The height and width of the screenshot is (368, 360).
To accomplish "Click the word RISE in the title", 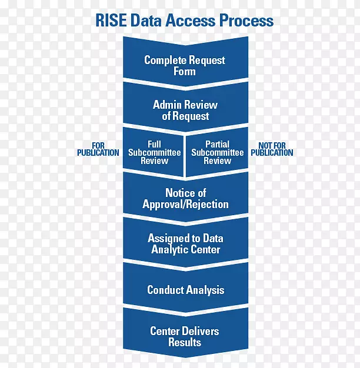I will pyautogui.click(x=112, y=21).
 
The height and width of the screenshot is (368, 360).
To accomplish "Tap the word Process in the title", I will pyautogui.click(x=246, y=21).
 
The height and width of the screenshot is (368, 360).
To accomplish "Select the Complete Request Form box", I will pyautogui.click(x=185, y=65).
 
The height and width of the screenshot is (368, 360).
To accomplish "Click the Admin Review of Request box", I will pyautogui.click(x=185, y=110).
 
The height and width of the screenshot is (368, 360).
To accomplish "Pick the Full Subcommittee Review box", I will pyautogui.click(x=154, y=152).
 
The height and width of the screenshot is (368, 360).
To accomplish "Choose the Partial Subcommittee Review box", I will pyautogui.click(x=217, y=152).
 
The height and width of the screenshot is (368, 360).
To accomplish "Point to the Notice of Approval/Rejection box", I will pyautogui.click(x=185, y=198).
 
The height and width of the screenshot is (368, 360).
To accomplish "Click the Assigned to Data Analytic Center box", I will pyautogui.click(x=185, y=243).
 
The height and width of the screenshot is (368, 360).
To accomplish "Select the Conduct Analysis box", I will pyautogui.click(x=185, y=290).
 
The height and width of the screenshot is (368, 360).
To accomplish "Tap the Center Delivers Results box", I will pyautogui.click(x=185, y=336).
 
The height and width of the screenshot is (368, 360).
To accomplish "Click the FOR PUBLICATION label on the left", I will pyautogui.click(x=98, y=149).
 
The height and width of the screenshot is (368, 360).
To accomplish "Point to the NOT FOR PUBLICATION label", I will pyautogui.click(x=271, y=149).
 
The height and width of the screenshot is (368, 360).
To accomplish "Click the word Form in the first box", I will pyautogui.click(x=185, y=71).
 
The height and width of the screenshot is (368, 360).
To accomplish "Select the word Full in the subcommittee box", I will pyautogui.click(x=154, y=144).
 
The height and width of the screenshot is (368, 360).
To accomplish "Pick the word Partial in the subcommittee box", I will pyautogui.click(x=217, y=144).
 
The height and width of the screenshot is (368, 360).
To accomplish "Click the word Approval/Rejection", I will pyautogui.click(x=185, y=204).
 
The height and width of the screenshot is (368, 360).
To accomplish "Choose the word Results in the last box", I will pyautogui.click(x=185, y=342).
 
